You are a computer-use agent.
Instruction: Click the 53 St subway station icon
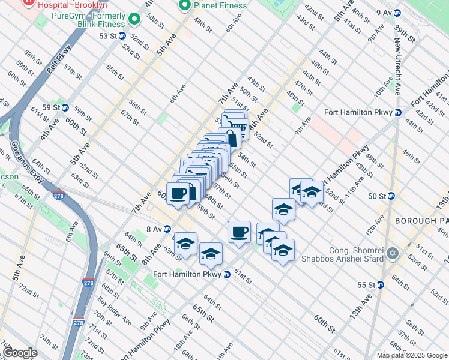[122, 36]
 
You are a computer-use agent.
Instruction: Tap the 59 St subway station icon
[65, 108]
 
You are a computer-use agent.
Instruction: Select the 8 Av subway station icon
[167, 229]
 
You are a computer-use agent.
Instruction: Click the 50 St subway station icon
[391, 196]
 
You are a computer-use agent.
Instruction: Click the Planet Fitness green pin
[184, 6]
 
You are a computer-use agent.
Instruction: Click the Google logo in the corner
[20, 353]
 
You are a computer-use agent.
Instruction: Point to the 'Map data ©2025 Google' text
[412, 355]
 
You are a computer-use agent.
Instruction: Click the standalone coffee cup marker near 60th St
[239, 232]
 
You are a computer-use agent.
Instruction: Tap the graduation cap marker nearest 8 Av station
[186, 244]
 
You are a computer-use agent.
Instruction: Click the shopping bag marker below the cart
[229, 138]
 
